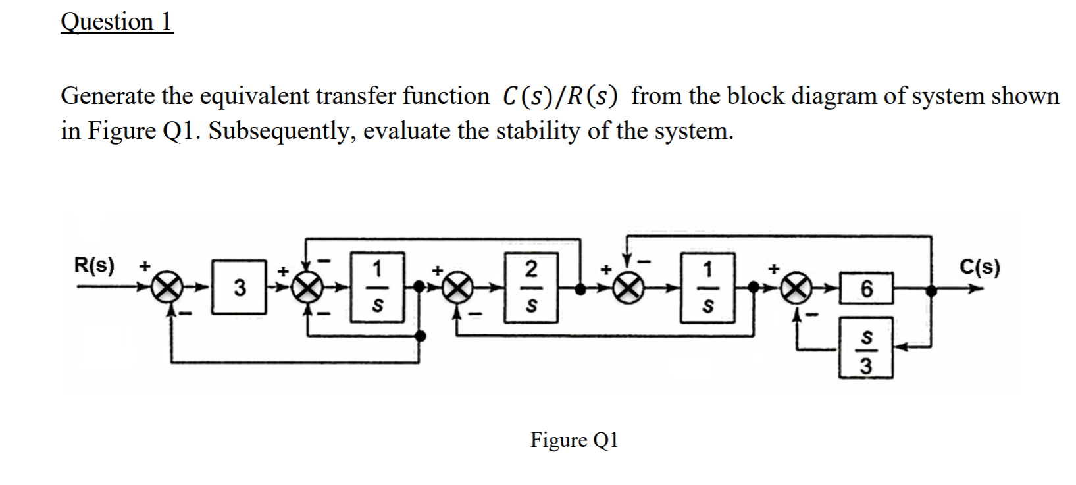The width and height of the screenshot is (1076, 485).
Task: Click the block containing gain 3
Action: pos(242,288)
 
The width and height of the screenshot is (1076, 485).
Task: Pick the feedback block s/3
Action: pos(866,354)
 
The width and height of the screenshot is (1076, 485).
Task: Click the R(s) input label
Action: pos(93,267)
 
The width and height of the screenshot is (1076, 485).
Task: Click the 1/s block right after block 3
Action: pos(376,288)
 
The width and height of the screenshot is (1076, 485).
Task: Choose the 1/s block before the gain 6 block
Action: pos(707,288)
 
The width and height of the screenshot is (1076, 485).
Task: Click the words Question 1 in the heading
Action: pos(116,22)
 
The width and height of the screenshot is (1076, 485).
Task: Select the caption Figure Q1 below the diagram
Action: pos(574,440)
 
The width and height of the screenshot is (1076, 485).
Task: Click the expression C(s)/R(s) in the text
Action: pos(560,97)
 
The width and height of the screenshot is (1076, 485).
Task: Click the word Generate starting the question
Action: pos(108,97)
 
